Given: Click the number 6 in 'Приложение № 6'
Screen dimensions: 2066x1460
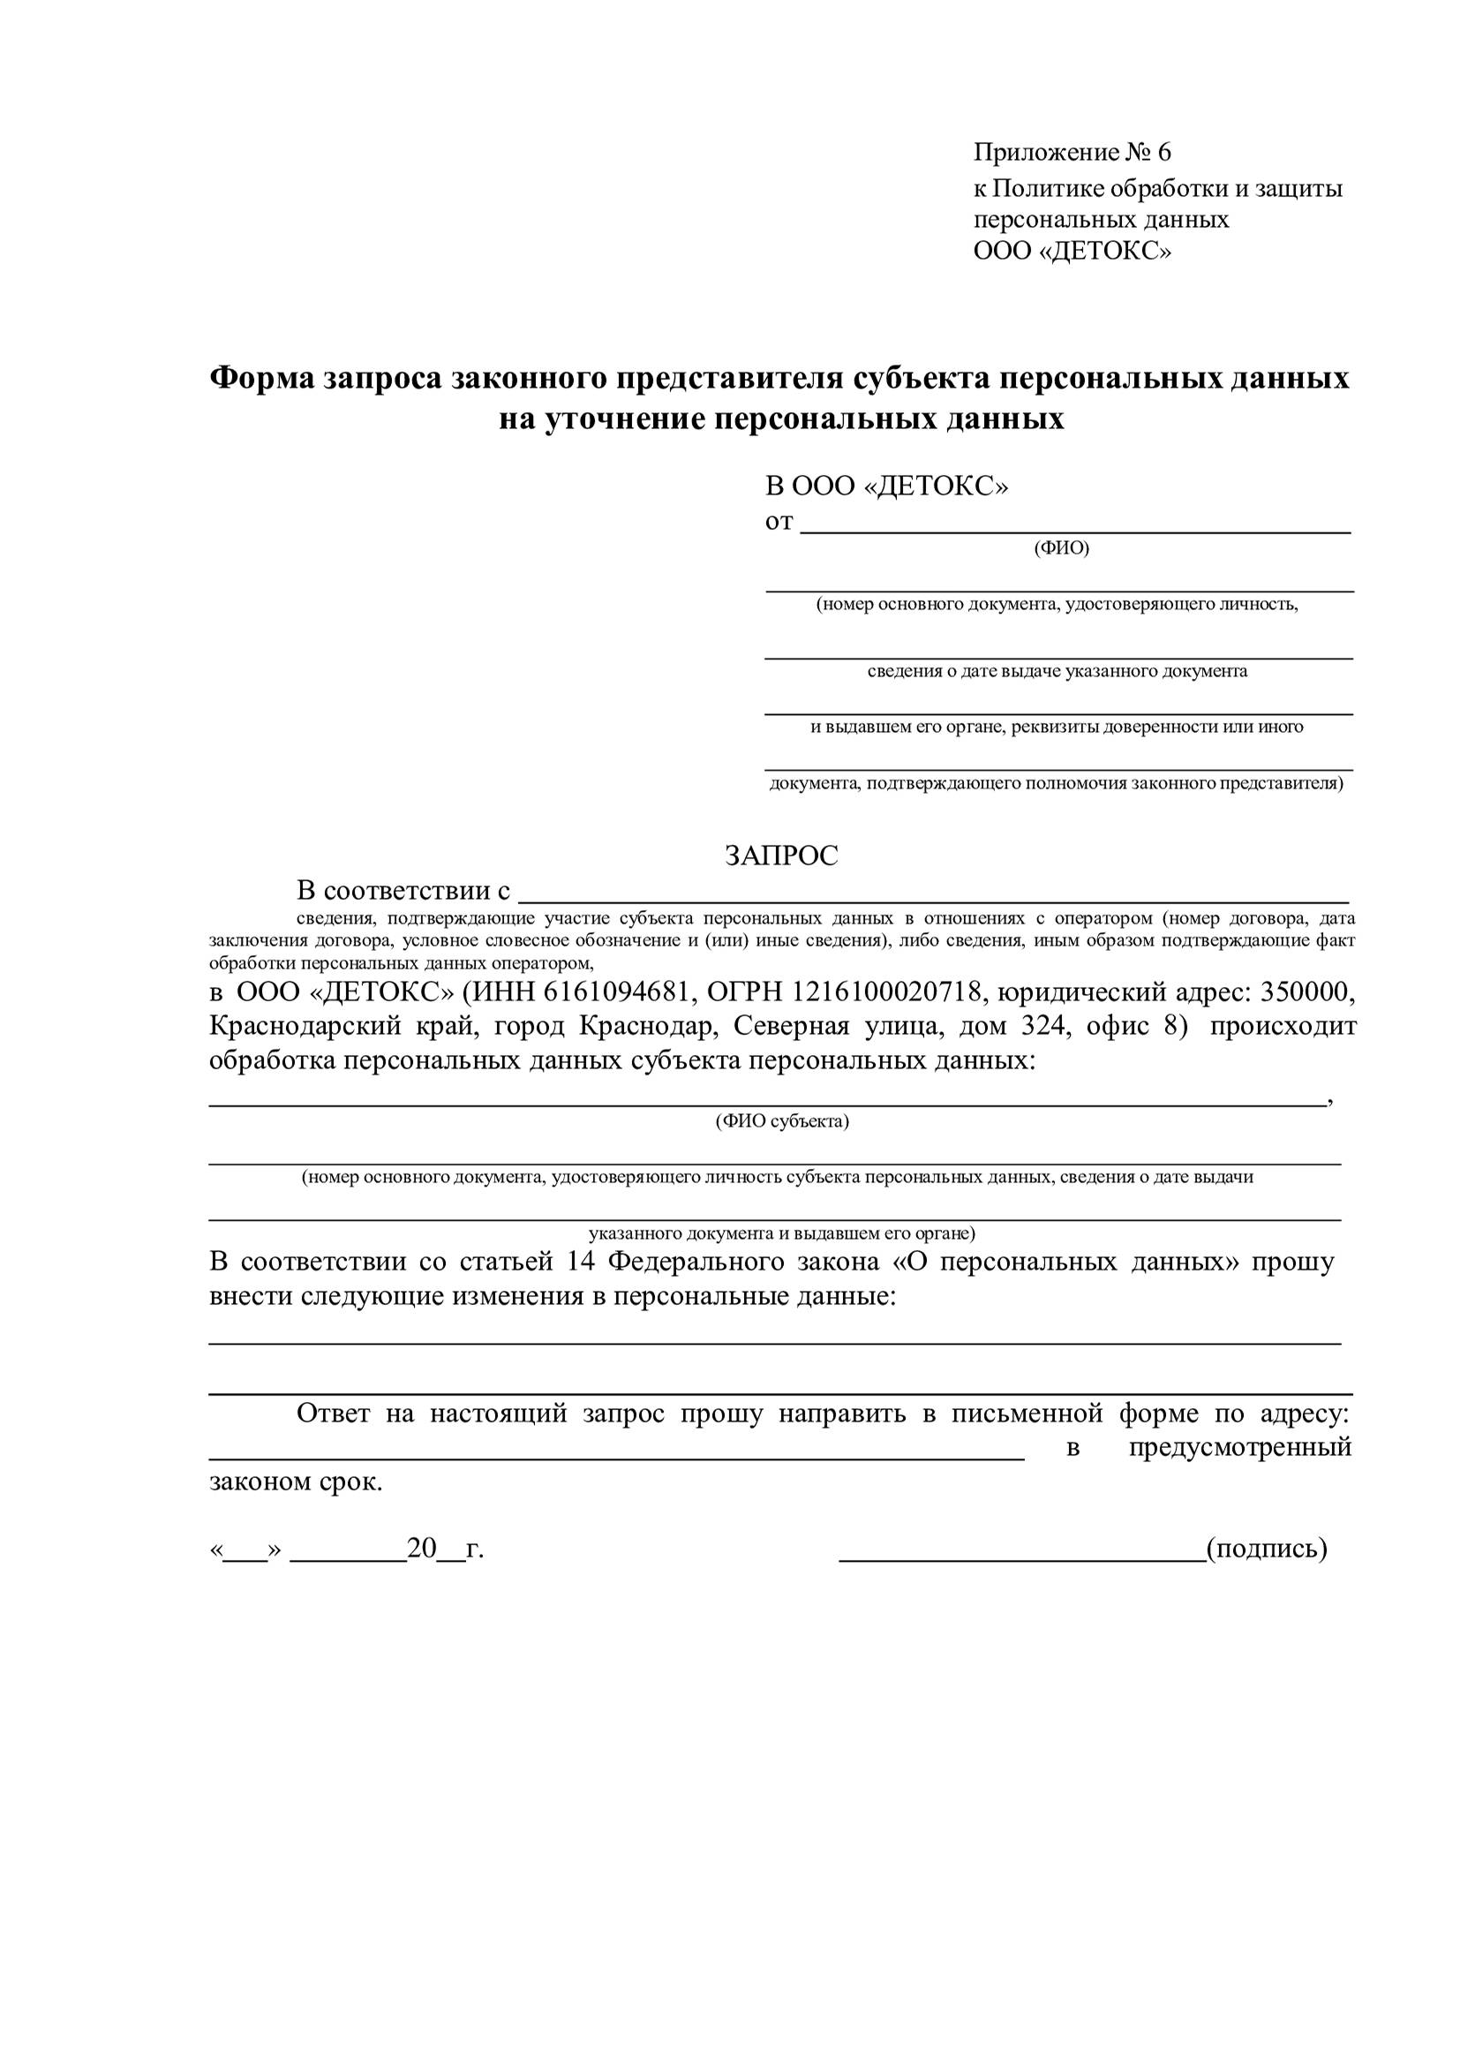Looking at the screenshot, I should tap(1164, 152).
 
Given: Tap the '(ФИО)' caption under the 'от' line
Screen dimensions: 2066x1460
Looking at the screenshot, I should tap(1062, 548).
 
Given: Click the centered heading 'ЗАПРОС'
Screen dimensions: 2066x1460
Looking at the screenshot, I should tap(781, 856).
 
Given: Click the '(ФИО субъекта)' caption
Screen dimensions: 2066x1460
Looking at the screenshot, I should tap(782, 1121).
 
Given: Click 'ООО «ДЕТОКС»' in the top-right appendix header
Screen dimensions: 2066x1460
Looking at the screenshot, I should tap(1072, 251).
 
